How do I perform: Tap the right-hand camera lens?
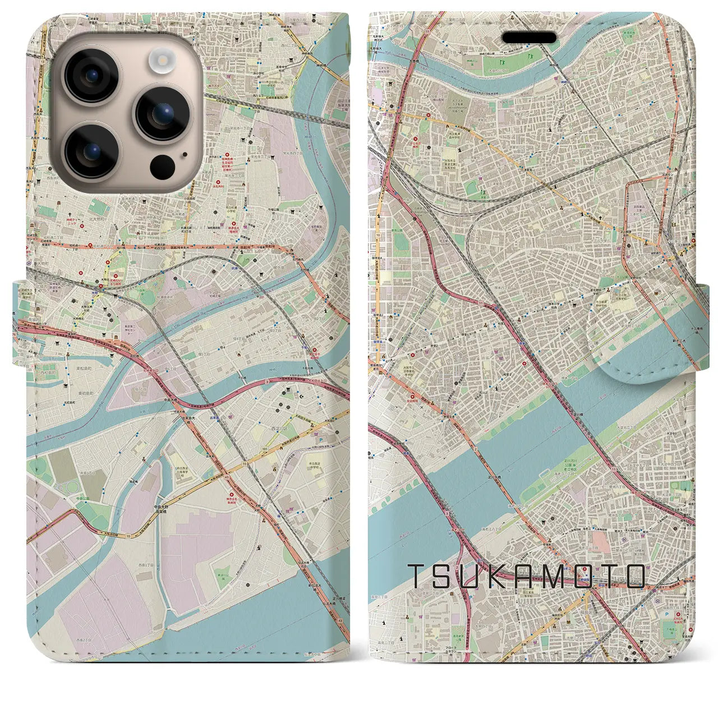point(162,114)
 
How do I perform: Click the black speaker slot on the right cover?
point(529,38)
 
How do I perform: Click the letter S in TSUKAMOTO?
point(448,576)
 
